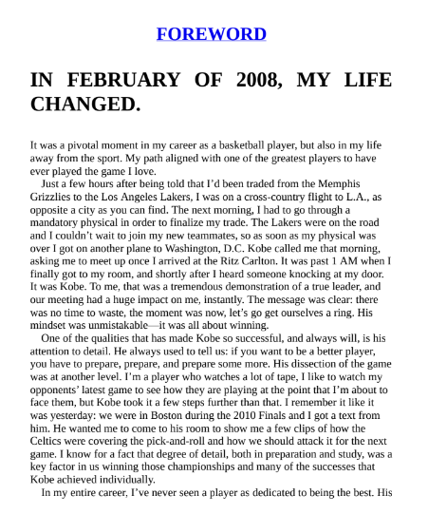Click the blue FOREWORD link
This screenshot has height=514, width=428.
click(x=211, y=34)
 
